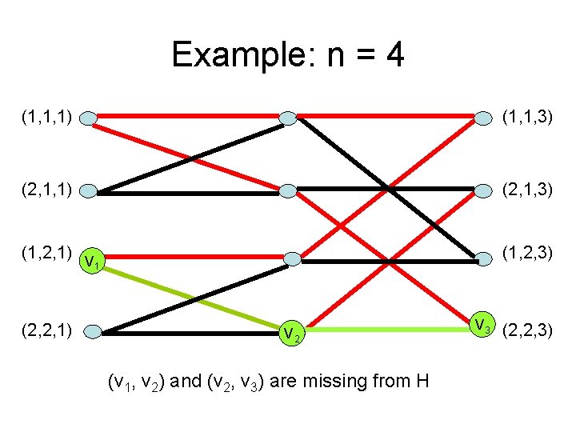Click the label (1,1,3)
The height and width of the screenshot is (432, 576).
coord(527,118)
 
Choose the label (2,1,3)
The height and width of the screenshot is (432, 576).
coord(527,190)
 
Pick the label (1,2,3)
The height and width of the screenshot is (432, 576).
coord(527,254)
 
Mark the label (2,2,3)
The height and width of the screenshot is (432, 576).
coord(527,328)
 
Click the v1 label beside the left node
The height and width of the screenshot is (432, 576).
coord(93,261)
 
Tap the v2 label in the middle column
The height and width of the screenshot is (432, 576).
coord(291,334)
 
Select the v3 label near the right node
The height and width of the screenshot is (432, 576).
coord(482,326)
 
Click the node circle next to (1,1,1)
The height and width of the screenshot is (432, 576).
coord(89,119)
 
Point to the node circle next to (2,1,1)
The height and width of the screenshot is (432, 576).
coord(89,191)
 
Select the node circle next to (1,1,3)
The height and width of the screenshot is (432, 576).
coord(483,119)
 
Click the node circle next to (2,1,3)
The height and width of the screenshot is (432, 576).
coord(483,190)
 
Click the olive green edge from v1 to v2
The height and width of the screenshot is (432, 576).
coord(192,293)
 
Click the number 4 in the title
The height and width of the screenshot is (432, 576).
coord(394,56)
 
